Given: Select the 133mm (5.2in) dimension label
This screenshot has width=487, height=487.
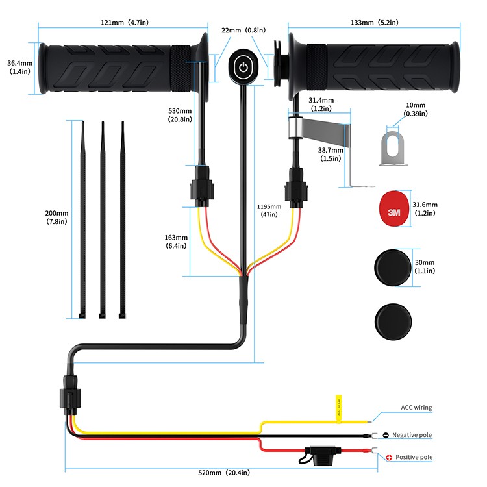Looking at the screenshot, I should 374,23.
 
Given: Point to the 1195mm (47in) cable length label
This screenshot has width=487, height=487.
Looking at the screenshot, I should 269,210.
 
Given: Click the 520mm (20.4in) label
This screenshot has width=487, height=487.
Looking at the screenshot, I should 223,472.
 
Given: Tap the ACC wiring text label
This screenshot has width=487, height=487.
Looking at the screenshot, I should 416,408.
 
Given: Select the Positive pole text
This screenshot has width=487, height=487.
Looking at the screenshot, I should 414,457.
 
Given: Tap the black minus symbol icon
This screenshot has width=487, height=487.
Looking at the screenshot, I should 386,434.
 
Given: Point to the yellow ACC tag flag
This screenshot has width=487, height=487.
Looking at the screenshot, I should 338,408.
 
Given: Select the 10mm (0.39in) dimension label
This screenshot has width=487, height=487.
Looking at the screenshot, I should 415,109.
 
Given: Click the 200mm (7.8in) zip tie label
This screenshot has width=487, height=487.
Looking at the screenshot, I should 56,218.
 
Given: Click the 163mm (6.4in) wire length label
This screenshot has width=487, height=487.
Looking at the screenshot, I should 177,242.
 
